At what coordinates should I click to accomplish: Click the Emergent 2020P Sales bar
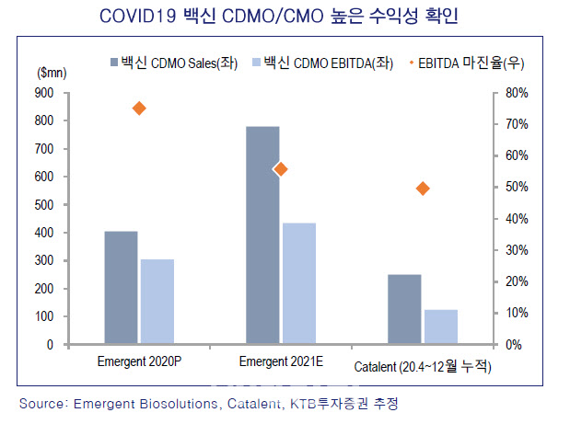coord(121,288)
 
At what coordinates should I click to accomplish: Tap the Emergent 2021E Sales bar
coord(262,235)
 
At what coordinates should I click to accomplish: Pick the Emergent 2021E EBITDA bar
coord(298,283)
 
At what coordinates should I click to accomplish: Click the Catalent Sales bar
coord(404,309)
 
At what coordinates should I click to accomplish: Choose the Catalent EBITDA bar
coord(440,327)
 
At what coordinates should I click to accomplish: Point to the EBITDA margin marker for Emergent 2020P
coord(139,109)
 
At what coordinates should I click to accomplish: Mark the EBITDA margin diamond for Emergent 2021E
coord(281,169)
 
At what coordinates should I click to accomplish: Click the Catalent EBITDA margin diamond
coord(423,189)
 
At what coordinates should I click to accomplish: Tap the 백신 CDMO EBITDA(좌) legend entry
coord(316,63)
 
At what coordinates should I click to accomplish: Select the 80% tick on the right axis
coord(518,93)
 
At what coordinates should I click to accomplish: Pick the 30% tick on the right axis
coord(518,250)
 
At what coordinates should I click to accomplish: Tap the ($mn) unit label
coord(50,72)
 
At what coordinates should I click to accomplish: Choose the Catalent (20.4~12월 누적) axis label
coord(423,367)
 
